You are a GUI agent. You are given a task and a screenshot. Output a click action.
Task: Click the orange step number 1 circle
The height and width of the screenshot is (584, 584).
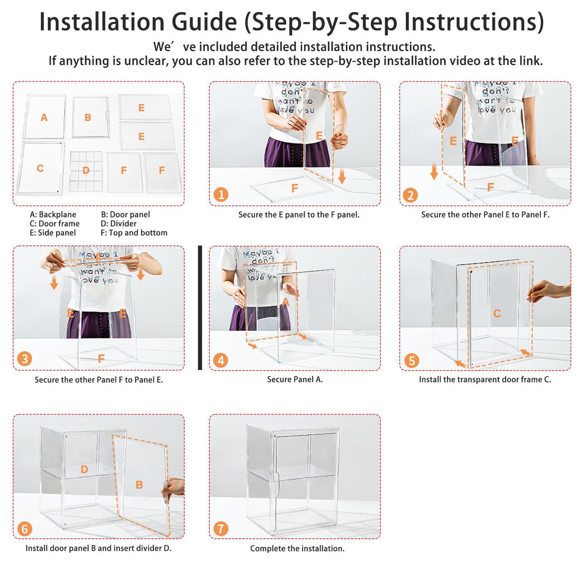tap(221, 194)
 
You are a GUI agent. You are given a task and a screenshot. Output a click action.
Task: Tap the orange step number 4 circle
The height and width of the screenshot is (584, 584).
tap(221, 361)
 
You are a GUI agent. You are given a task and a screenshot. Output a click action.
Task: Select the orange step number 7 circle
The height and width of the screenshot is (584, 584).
tap(221, 529)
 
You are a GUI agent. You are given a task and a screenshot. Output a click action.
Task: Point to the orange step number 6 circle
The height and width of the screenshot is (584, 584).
tap(25, 529)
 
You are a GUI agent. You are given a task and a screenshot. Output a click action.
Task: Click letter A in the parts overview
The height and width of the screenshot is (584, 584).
tap(44, 117)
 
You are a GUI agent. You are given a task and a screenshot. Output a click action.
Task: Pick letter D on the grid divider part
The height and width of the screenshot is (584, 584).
tap(86, 170)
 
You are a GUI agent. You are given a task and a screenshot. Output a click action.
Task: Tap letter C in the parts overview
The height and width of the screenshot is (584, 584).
tap(40, 168)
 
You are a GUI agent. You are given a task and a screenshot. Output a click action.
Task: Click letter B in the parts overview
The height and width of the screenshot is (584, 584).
tap(88, 117)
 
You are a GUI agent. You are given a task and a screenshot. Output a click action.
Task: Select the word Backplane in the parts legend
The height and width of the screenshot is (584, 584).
tap(57, 215)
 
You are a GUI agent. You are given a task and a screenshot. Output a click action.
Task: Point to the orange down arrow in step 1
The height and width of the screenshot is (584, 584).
tap(342, 176)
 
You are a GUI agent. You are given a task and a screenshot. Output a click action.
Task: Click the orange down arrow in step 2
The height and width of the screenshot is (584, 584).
tap(434, 171)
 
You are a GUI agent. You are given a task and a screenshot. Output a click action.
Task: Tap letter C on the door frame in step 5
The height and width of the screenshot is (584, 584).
tap(497, 313)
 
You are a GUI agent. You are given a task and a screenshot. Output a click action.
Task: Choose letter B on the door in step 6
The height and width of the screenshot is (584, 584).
tap(139, 485)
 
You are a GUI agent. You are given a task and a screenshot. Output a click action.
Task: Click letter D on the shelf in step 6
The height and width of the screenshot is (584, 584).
tap(84, 469)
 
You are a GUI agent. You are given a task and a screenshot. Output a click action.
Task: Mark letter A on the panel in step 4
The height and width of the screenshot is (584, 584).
tap(285, 302)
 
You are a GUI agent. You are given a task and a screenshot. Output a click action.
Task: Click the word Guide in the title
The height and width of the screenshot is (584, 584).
tap(204, 22)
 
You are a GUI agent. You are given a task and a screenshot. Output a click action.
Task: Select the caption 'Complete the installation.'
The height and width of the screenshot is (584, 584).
tap(297, 548)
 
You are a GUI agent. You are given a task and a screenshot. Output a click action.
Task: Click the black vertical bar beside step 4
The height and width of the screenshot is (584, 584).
tap(200, 308)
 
